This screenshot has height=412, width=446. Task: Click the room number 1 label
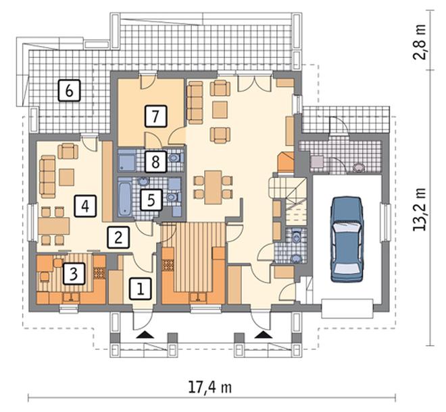tap(141, 289)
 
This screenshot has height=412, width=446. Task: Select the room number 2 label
tap(118, 237)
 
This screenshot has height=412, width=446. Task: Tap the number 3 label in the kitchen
tap(74, 274)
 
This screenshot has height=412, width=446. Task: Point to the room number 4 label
tap(85, 206)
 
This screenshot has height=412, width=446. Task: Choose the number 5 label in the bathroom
tap(151, 200)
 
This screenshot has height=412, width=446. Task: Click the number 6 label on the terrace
tap(70, 90)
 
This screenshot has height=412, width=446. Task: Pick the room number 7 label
tap(155, 116)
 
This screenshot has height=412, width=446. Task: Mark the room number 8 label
tap(155, 162)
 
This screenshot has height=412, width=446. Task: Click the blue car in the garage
tap(347, 239)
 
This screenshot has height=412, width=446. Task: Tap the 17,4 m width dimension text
tap(210, 387)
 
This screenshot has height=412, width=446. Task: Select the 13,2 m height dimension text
tap(420, 209)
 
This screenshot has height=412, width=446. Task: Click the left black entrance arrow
tap(145, 335)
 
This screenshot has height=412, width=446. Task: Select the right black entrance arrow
tap(264, 335)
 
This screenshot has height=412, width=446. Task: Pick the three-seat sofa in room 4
tap(47, 176)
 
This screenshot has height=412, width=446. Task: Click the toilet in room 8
tap(174, 158)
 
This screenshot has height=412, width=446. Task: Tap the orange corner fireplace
tap(286, 162)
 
